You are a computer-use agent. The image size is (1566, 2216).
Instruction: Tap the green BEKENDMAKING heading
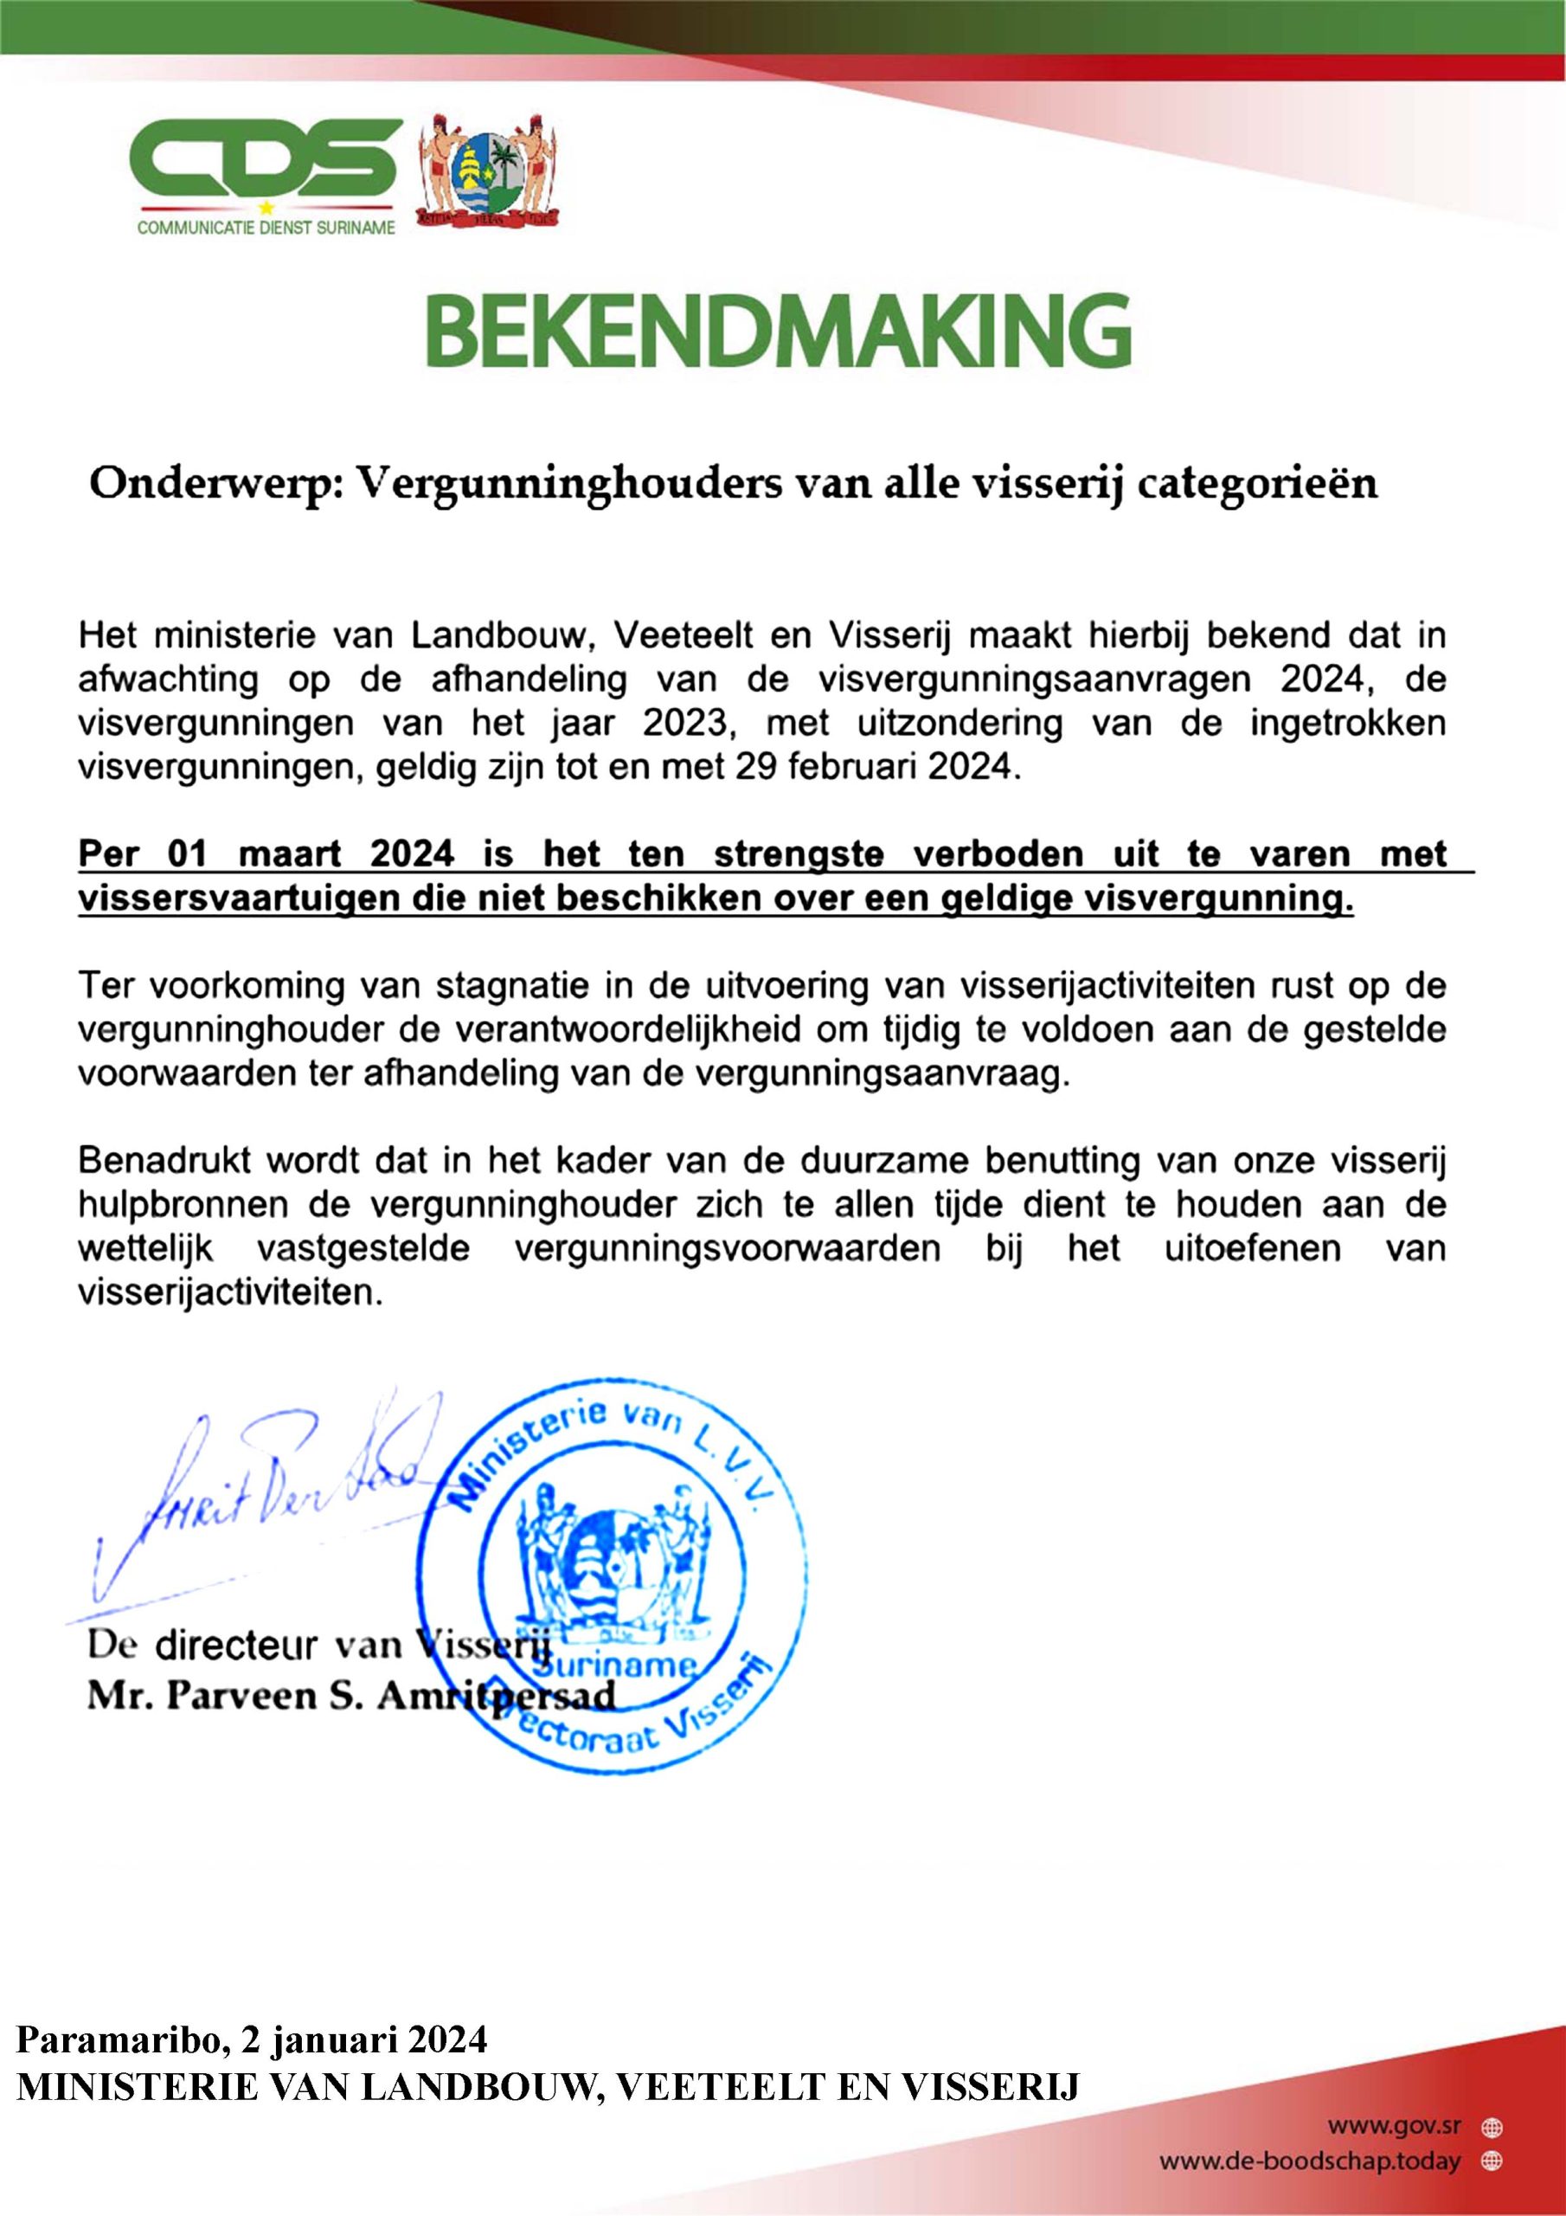tap(780, 331)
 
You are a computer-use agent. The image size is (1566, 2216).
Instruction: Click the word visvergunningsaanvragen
tap(1032, 680)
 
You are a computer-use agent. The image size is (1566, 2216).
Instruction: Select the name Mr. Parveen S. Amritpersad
tap(351, 1696)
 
